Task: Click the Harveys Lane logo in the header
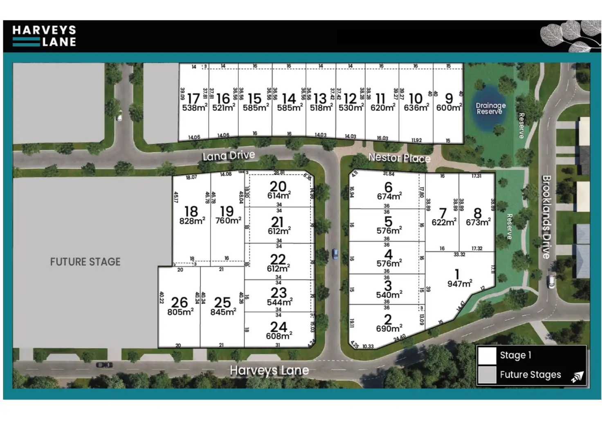click(44, 36)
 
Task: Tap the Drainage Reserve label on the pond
click(490, 108)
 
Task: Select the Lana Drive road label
click(229, 155)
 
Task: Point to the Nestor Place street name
click(399, 158)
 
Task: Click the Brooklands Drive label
click(546, 217)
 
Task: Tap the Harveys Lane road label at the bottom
click(269, 370)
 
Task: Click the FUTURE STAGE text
click(85, 262)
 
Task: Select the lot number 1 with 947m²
click(457, 274)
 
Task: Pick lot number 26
click(179, 302)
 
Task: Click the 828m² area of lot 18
click(192, 221)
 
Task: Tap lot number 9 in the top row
click(449, 98)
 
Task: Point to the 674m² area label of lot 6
click(389, 197)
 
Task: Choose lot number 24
click(279, 327)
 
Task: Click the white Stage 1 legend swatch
click(487, 356)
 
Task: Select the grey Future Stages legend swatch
click(487, 374)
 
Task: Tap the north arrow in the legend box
click(577, 377)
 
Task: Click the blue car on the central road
click(335, 254)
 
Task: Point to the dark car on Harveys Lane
click(104, 365)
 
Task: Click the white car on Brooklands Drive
click(551, 281)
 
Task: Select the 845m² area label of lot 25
click(223, 312)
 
